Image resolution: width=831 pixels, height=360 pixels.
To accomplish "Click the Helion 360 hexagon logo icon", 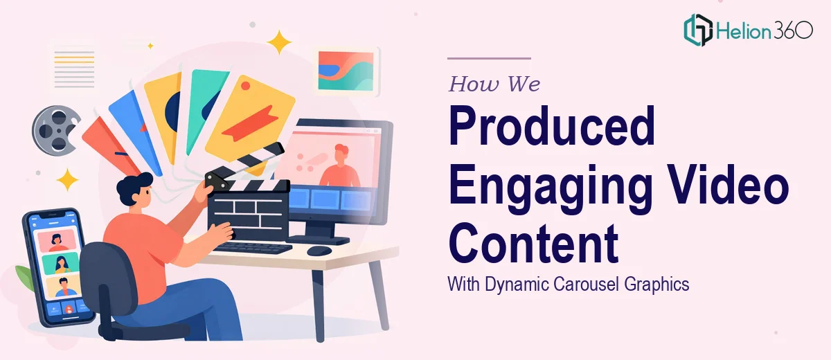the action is (x=698, y=30).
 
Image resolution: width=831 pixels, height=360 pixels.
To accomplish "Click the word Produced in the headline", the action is (x=552, y=126).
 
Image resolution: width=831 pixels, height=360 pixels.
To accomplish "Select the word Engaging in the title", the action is (x=551, y=186).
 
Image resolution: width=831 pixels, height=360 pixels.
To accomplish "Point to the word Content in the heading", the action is (x=534, y=242).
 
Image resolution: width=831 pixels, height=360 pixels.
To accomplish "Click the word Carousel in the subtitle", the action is (x=586, y=285).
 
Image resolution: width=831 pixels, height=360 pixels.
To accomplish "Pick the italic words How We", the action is (x=494, y=84).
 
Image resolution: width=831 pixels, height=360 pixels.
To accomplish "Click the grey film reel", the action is (x=56, y=130).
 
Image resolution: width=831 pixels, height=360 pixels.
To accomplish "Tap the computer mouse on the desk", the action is (x=319, y=251).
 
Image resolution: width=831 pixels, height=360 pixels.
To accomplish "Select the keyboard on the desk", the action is (x=253, y=248).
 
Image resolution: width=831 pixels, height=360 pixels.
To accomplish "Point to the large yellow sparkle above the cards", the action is (x=279, y=42).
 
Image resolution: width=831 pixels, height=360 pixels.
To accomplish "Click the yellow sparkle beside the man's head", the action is (x=68, y=180).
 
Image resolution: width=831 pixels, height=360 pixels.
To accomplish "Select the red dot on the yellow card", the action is (x=245, y=86).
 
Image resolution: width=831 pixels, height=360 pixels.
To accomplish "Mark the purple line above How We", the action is (x=490, y=58).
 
